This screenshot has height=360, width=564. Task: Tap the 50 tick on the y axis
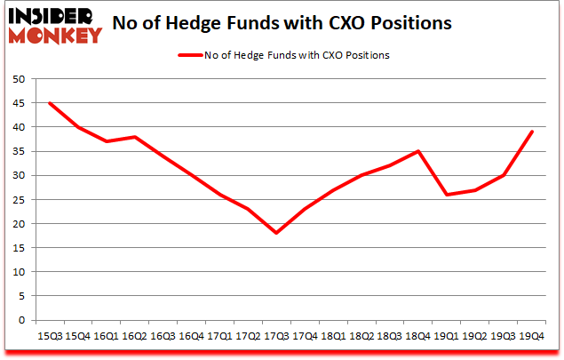(18, 79)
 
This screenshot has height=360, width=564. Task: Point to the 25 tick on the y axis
(18, 200)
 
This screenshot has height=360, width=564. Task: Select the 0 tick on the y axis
(21, 320)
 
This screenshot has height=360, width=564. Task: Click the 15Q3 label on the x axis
(50, 336)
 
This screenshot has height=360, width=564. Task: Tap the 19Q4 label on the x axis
(531, 336)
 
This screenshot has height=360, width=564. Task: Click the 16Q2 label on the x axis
(135, 336)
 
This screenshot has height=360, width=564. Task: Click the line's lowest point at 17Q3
(276, 233)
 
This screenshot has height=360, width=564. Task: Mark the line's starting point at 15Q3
(50, 103)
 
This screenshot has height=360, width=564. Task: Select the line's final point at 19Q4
(531, 132)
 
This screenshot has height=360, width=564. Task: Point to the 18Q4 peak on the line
(418, 151)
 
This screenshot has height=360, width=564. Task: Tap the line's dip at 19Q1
(447, 195)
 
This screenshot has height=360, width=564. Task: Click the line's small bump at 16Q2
(135, 137)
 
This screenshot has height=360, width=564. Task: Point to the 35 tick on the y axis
(18, 151)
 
